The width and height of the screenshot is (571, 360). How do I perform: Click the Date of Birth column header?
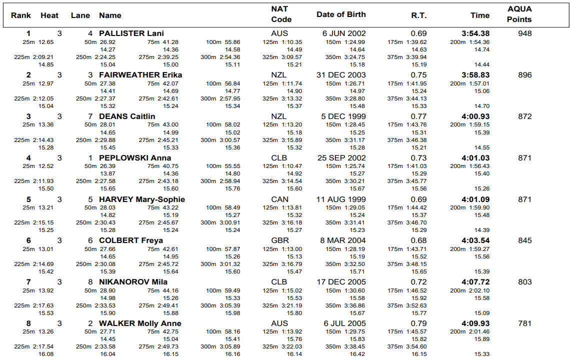click(x=341, y=14)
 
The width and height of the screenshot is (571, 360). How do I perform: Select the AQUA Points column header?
click(x=519, y=14)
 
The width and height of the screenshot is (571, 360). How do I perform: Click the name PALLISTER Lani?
click(x=131, y=33)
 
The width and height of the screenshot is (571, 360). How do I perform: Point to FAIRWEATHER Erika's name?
click(x=140, y=75)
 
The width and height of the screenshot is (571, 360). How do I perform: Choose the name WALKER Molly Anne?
click(x=140, y=323)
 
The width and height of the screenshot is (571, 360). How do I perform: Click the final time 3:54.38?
click(x=475, y=33)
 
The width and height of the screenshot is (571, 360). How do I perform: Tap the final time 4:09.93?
click(x=475, y=323)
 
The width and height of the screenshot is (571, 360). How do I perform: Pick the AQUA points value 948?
click(x=524, y=33)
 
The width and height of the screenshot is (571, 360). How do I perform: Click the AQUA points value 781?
click(x=524, y=323)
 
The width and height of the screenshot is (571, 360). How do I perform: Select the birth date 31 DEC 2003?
click(x=341, y=75)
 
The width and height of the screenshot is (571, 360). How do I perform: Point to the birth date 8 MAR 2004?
click(x=343, y=240)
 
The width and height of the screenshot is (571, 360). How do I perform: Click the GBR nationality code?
click(x=280, y=240)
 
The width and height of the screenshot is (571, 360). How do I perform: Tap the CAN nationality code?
click(x=280, y=199)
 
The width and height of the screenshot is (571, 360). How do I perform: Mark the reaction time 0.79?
click(x=419, y=323)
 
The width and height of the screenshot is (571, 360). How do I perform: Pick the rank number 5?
click(x=28, y=199)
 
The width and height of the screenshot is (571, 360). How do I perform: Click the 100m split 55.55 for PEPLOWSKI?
click(x=230, y=166)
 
